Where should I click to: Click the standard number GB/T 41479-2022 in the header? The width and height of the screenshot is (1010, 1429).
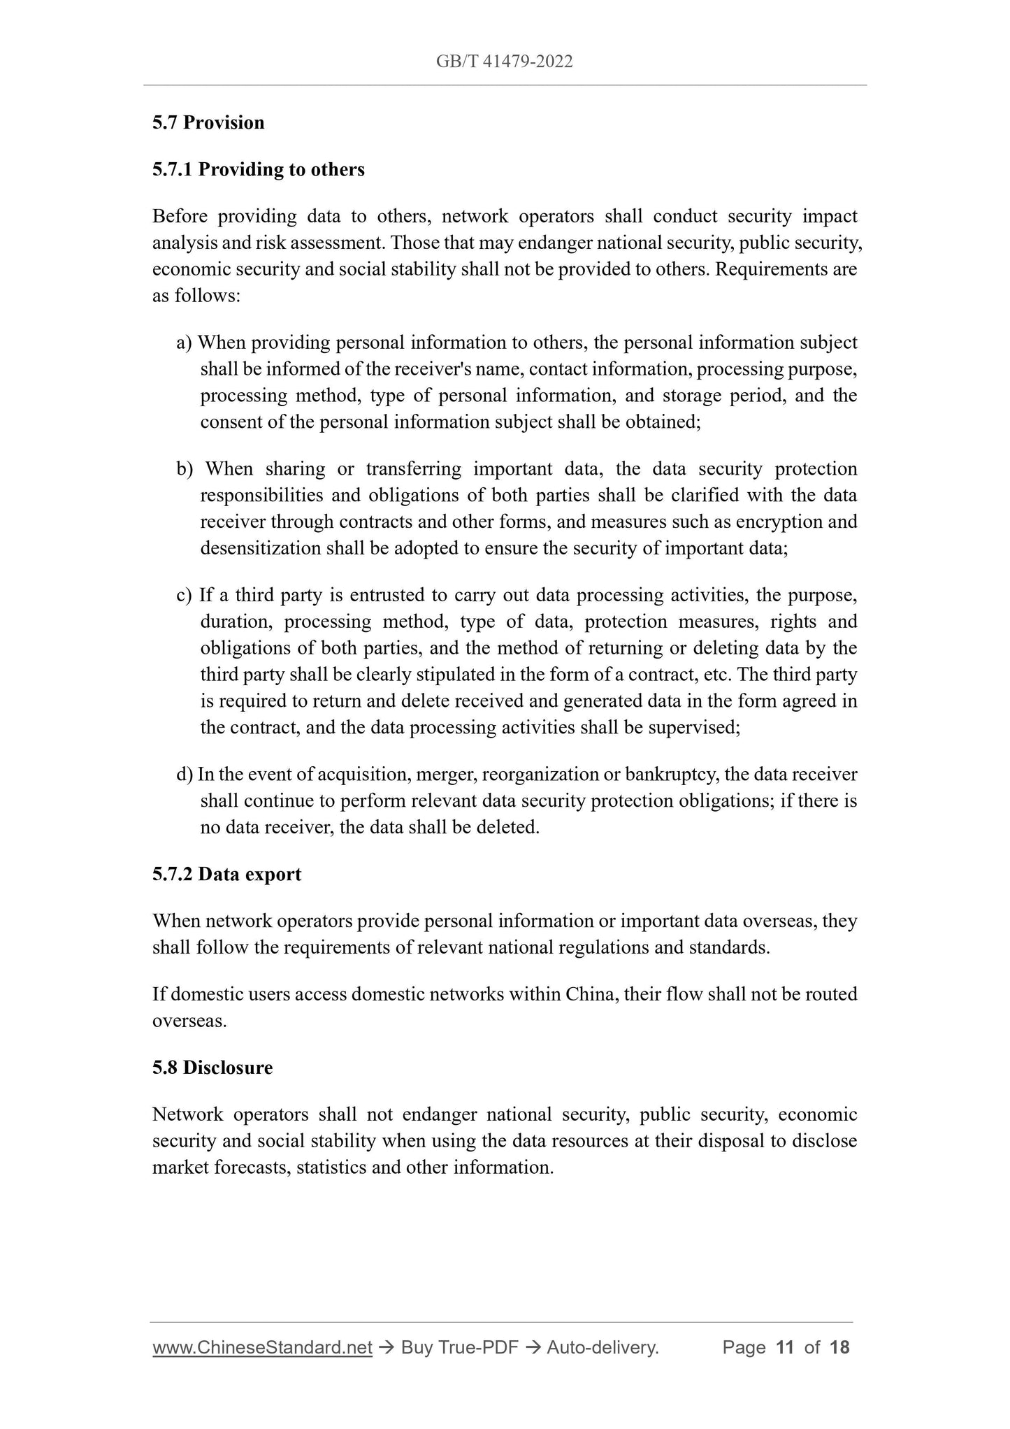click(504, 62)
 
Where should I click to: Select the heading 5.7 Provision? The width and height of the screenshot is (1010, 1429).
click(208, 122)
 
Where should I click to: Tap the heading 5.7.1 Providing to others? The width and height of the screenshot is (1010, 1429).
click(258, 169)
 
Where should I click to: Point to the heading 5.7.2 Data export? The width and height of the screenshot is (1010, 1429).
click(226, 874)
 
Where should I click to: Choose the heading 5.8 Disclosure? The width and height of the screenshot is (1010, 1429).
click(212, 1068)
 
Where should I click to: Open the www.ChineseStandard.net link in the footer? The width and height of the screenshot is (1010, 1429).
click(262, 1347)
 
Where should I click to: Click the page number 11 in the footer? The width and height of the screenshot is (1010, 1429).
click(785, 1347)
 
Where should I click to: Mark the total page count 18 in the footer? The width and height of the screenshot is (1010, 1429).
click(839, 1347)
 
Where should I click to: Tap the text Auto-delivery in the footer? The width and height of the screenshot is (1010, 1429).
click(602, 1347)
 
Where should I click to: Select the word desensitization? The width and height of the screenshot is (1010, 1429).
click(261, 548)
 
